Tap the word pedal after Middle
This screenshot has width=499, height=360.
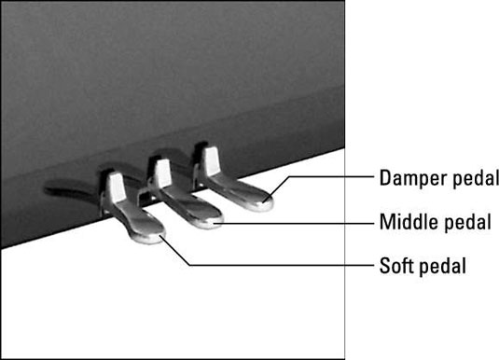467,222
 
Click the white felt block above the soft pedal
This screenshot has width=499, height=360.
116,187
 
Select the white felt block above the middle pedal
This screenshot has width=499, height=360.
162,173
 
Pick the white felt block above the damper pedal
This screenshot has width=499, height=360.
211,160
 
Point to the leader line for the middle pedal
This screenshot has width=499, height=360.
295,224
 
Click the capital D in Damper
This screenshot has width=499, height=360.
385,177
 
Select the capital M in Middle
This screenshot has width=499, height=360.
387,222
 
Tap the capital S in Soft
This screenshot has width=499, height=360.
385,266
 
